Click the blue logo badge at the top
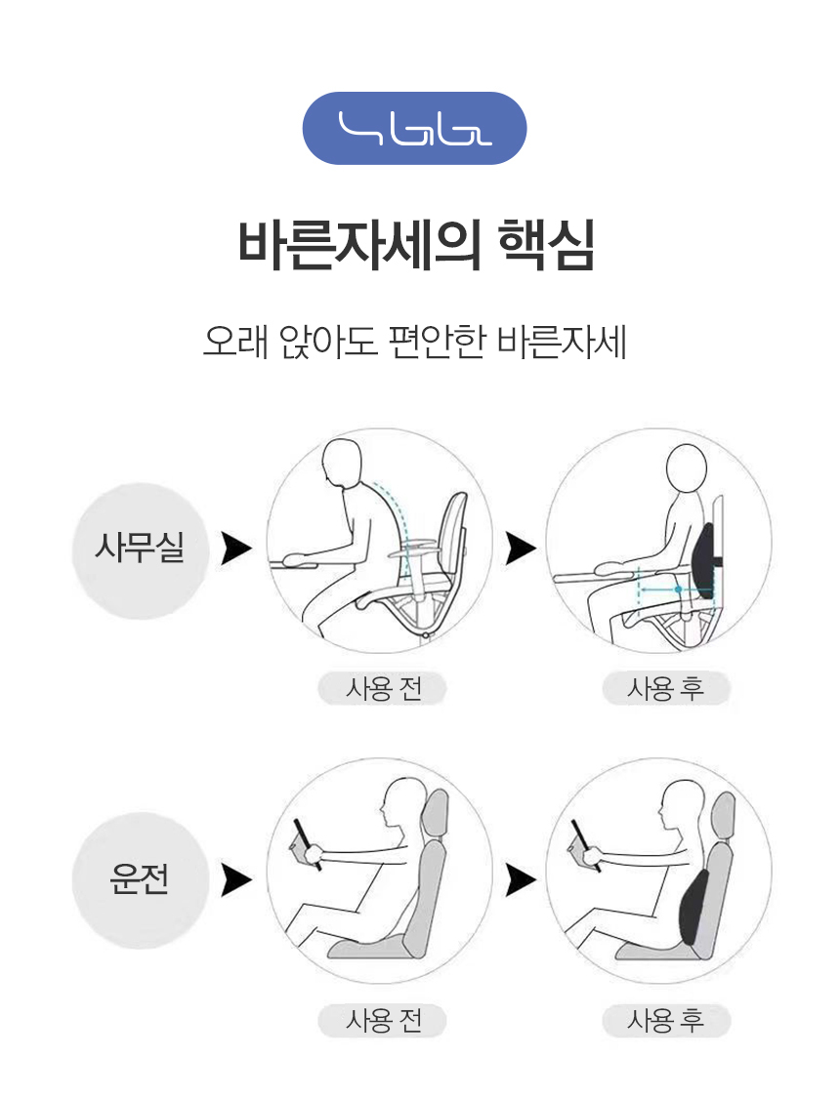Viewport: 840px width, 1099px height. tap(414, 128)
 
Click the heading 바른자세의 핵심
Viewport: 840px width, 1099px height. tap(416, 245)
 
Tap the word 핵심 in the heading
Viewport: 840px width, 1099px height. tap(547, 245)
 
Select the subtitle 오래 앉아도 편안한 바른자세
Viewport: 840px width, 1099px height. tap(415, 342)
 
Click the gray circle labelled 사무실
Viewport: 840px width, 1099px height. tap(141, 550)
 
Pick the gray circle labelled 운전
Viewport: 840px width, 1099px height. tap(141, 880)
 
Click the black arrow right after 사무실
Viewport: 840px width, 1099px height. tap(235, 549)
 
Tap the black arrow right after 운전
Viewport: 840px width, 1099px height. tap(235, 880)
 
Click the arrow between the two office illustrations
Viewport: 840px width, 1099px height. tap(521, 549)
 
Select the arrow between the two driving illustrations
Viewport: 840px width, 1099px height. tap(521, 880)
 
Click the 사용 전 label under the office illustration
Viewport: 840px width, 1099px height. tap(383, 688)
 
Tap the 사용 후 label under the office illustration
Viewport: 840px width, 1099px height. tap(666, 688)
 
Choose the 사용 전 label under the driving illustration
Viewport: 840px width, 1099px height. tap(383, 1021)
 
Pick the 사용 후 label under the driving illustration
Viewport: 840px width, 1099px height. tap(666, 1021)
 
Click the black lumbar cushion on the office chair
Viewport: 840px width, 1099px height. tap(702, 560)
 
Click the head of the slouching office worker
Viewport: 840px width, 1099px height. tap(342, 462)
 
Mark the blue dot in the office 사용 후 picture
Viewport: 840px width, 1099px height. tap(678, 590)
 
